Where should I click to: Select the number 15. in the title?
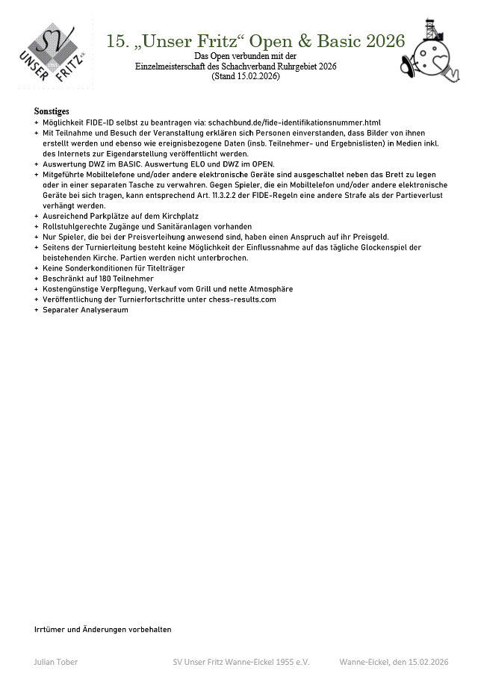[118, 40]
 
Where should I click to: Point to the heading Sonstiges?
[52, 111]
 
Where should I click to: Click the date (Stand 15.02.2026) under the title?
[245, 76]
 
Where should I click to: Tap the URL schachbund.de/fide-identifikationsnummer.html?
[294, 122]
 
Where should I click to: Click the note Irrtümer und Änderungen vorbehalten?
[102, 629]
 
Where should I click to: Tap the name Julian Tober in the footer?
[56, 662]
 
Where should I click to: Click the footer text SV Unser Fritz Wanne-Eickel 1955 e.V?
[240, 662]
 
